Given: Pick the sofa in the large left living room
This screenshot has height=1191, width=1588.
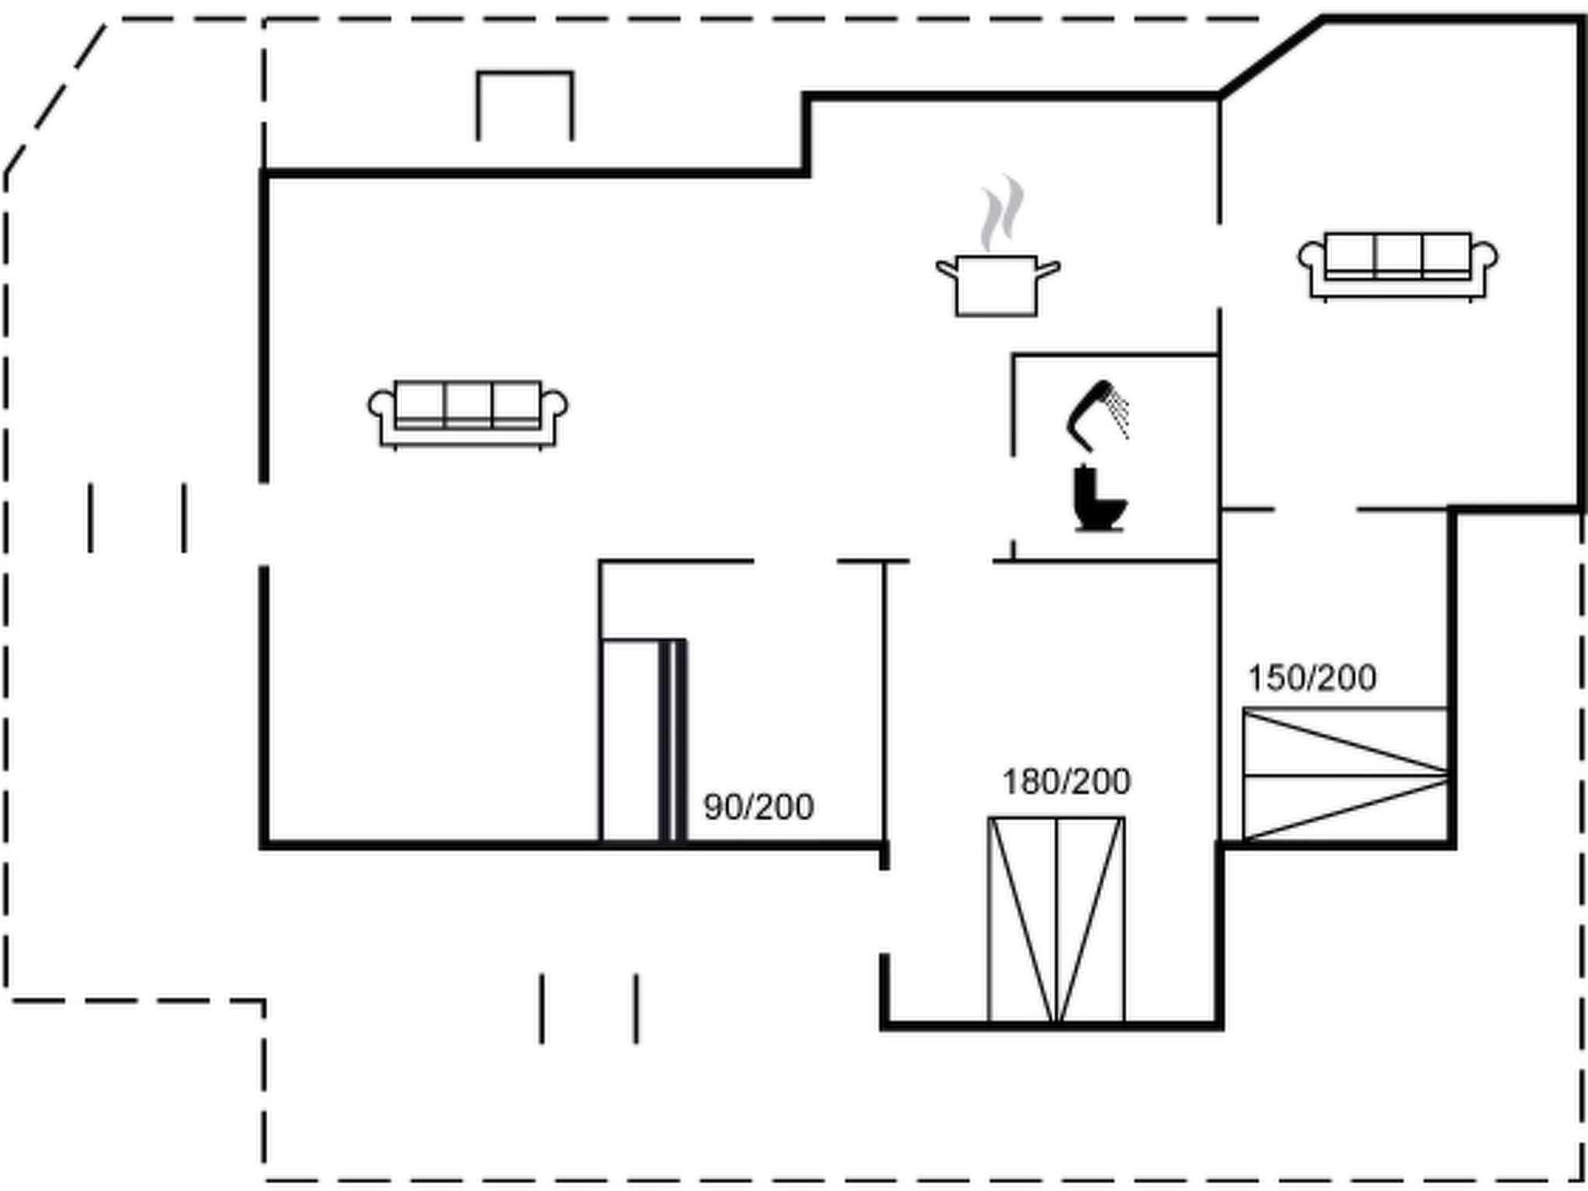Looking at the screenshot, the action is pyautogui.click(x=468, y=415).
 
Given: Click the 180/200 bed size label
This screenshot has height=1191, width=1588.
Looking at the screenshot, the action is pyautogui.click(x=1066, y=782).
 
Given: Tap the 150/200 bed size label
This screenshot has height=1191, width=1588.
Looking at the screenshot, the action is pyautogui.click(x=1312, y=678).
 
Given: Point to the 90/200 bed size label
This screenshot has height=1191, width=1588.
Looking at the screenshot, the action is pyautogui.click(x=758, y=807).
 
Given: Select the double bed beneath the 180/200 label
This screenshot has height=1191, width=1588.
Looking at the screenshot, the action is pyautogui.click(x=1056, y=920).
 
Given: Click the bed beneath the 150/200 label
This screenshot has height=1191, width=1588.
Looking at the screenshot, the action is pyautogui.click(x=1345, y=774).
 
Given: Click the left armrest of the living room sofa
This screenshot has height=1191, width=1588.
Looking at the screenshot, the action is pyautogui.click(x=381, y=411).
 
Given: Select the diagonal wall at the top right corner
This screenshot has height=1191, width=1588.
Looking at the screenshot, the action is pyautogui.click(x=1271, y=57).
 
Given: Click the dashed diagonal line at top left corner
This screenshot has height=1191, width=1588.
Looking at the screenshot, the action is pyautogui.click(x=56, y=98).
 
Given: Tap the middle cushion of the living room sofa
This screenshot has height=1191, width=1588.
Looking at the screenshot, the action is pyautogui.click(x=468, y=403).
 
